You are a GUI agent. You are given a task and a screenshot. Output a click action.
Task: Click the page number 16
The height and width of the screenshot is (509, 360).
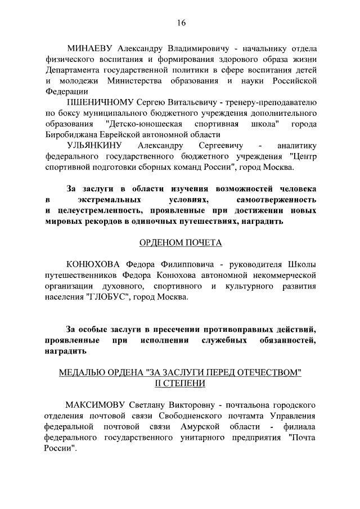click(181, 22)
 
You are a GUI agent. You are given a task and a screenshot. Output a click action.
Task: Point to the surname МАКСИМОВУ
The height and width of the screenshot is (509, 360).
click(94, 404)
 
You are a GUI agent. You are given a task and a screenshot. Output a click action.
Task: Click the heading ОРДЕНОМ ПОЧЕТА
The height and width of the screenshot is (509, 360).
click(181, 243)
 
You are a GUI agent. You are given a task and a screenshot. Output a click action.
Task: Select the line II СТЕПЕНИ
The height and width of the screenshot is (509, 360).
click(180, 383)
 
